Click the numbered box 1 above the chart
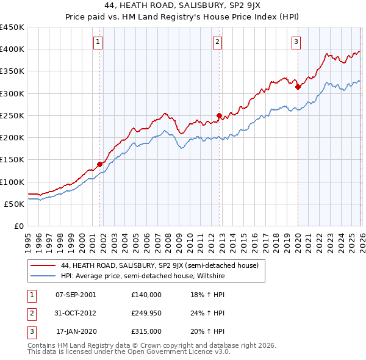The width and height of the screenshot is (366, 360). point(98,42)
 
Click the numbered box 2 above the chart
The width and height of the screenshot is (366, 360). point(217,42)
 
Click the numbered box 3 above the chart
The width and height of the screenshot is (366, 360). point(296,42)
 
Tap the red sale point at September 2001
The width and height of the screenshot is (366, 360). point(99,164)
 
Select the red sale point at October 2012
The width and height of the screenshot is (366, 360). point(219,115)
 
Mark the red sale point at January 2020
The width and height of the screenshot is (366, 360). point(298,87)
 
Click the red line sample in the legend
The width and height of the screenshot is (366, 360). point(43,265)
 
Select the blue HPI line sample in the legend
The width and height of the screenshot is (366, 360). point(43,276)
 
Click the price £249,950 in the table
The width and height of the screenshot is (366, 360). point(146,313)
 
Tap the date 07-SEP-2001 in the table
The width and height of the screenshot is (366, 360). point(76,294)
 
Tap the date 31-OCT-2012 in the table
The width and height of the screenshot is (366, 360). point(76,313)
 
